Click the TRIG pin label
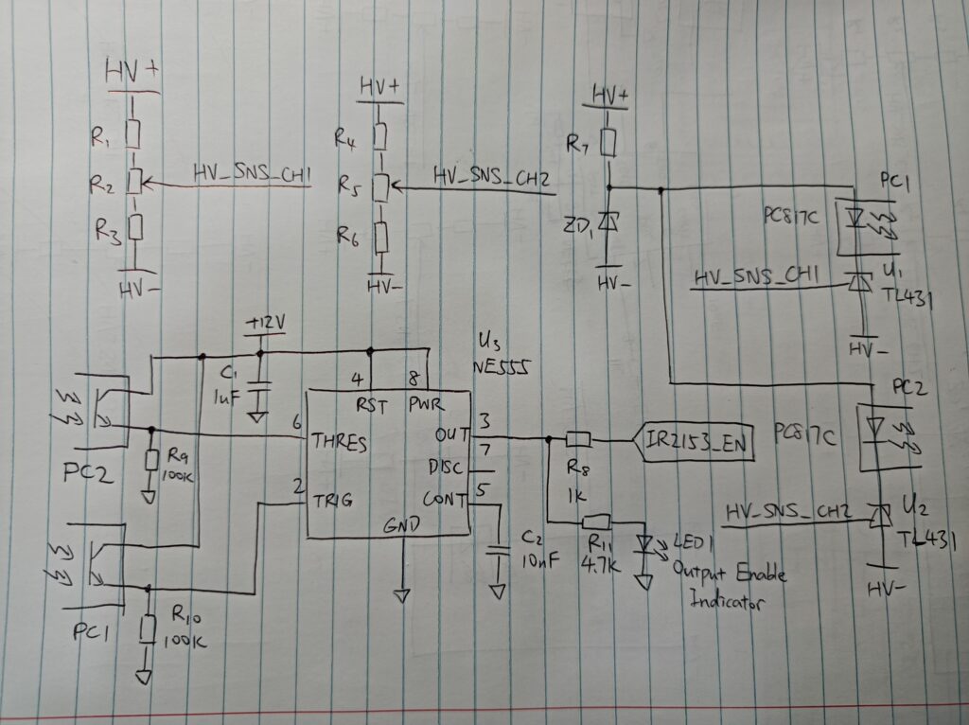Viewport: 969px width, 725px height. (x=332, y=503)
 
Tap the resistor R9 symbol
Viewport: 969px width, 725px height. (x=151, y=459)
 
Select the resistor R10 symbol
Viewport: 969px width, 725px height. (x=147, y=627)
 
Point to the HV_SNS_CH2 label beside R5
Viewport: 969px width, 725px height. (x=491, y=176)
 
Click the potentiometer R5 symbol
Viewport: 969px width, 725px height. (x=380, y=186)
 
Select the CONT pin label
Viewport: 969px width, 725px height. (x=445, y=499)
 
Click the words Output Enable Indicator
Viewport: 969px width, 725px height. (x=728, y=587)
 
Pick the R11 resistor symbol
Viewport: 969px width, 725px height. (x=596, y=520)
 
